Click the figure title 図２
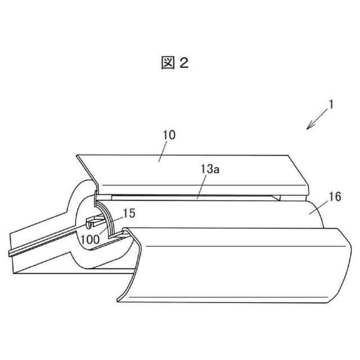click(174, 64)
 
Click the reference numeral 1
click(332, 105)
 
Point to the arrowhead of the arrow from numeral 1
click(308, 128)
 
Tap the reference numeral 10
click(169, 135)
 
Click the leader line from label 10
click(162, 151)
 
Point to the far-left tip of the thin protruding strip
click(10, 254)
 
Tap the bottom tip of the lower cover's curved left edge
click(119, 297)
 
